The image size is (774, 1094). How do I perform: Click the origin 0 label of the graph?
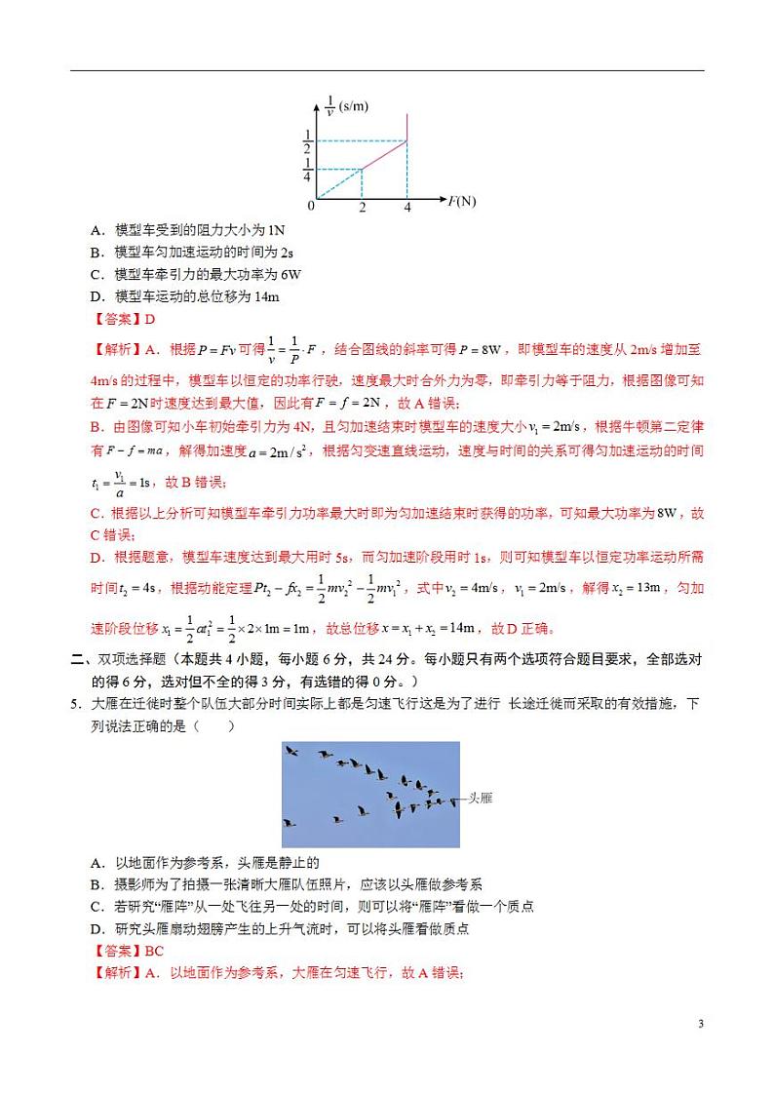311,207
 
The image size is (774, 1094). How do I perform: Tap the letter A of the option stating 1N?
97,230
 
